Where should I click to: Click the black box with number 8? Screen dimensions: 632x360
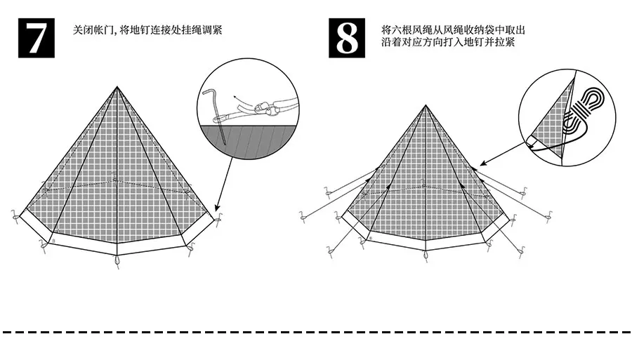pyautogui.click(x=348, y=39)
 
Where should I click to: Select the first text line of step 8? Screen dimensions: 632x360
pyautogui.click(x=454, y=31)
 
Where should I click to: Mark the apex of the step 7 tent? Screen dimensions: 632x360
pyautogui.click(x=117, y=87)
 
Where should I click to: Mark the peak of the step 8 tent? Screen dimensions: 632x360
pyautogui.click(x=425, y=106)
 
